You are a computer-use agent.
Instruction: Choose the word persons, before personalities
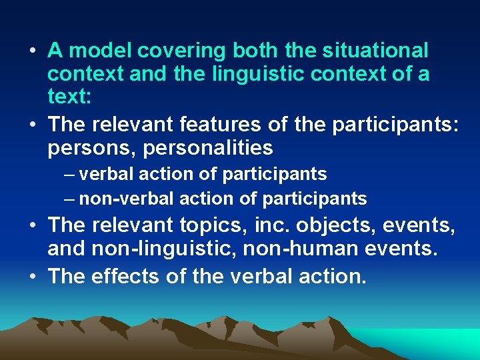[89, 148]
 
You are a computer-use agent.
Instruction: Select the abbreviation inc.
[271, 225]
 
